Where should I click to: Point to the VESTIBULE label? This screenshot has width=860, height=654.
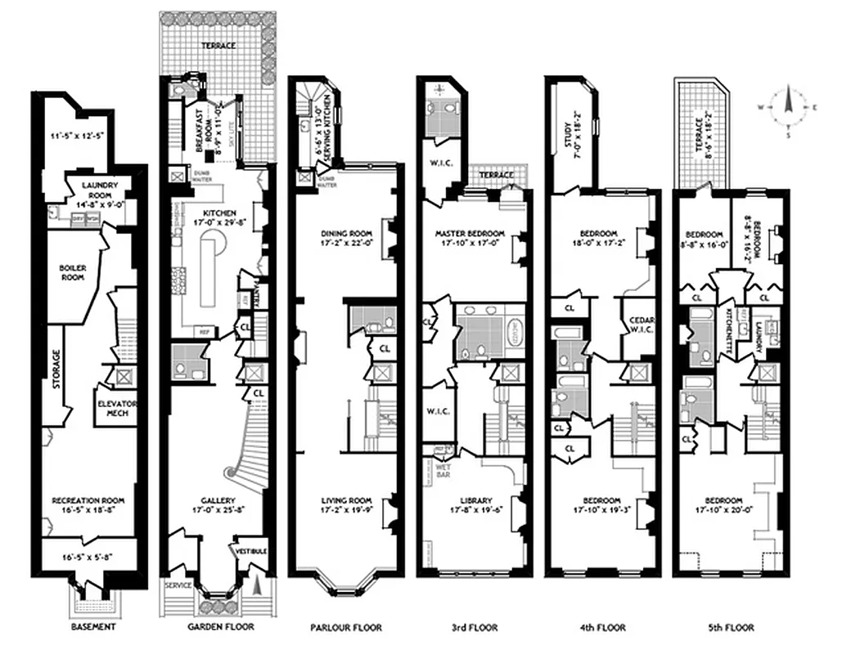point(251,551)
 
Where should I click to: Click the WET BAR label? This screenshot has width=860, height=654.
point(431,468)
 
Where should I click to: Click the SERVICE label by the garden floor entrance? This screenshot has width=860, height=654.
point(178,586)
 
